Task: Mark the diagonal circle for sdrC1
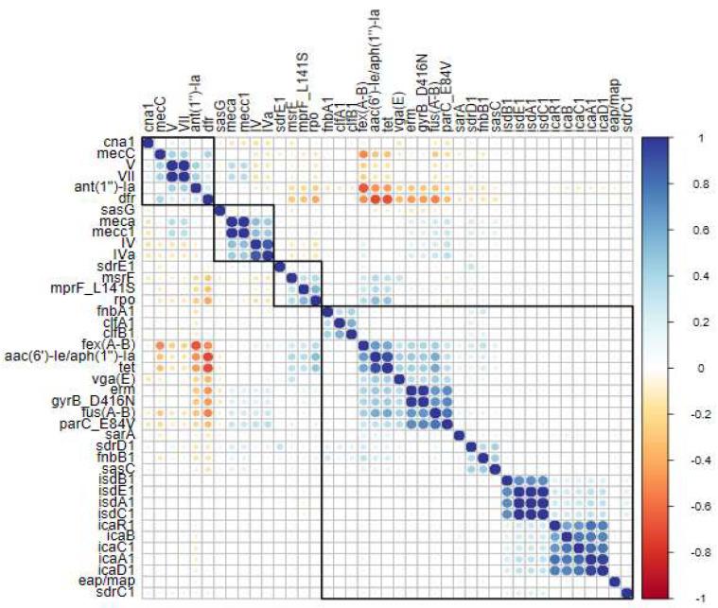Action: pos(627,593)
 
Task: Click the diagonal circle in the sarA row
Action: pos(459,434)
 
